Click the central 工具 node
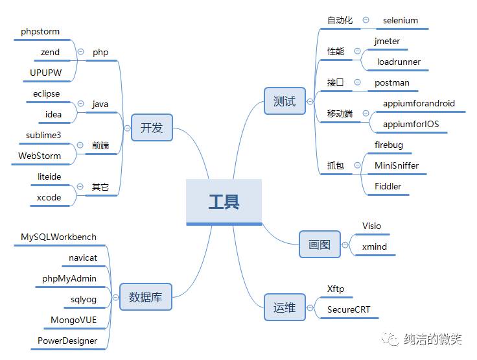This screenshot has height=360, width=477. [x=224, y=202]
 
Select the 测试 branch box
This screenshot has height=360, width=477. [x=285, y=101]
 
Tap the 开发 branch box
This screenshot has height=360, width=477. [x=152, y=128]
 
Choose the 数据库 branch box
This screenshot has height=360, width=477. [x=145, y=297]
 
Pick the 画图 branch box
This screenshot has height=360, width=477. [x=320, y=245]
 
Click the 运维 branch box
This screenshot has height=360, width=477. [x=285, y=307]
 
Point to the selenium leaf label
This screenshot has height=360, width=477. [x=400, y=20]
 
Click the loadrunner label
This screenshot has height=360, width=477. [x=399, y=62]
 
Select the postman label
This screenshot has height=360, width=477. [x=391, y=83]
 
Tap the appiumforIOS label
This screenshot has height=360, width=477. [x=410, y=124]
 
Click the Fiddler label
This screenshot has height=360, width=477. [x=388, y=187]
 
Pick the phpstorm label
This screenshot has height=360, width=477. [x=40, y=31]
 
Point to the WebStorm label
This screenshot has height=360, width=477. [x=40, y=156]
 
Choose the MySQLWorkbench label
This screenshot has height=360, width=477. [x=58, y=237]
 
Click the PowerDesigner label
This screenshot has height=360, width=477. [x=67, y=341]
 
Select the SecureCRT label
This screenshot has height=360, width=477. [x=349, y=310]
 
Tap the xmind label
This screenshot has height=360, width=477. [x=374, y=247]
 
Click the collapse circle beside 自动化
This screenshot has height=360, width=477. [x=366, y=21]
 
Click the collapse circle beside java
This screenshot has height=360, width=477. [x=80, y=104]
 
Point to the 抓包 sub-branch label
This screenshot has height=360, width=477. [x=336, y=166]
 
